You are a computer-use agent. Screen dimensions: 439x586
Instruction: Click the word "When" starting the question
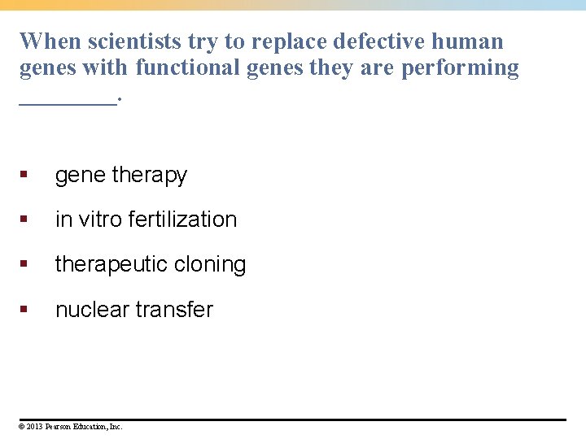49,41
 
